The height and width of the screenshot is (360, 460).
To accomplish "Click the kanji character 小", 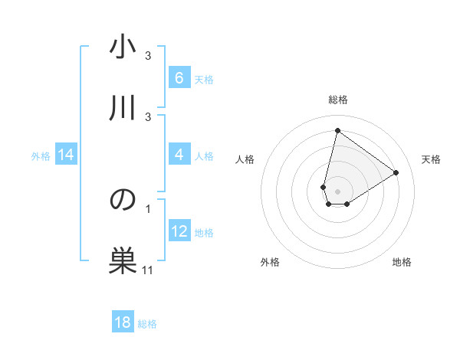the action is (x=123, y=49).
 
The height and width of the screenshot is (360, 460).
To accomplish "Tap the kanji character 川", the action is (x=123, y=107).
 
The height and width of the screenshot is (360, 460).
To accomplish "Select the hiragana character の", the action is (x=123, y=201).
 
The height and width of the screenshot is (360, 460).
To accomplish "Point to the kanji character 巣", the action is (x=123, y=260).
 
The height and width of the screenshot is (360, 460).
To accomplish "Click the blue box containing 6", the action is (x=179, y=78).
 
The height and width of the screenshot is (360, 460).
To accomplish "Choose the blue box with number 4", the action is (x=179, y=155).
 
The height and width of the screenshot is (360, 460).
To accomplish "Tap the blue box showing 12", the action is (x=179, y=231).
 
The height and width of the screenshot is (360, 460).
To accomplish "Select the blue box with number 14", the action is (x=66, y=155).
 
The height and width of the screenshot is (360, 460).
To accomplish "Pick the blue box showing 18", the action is (x=123, y=322).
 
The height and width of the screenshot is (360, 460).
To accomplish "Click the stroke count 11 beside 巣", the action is (x=148, y=270).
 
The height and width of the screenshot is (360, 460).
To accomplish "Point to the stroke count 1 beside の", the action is (x=148, y=208).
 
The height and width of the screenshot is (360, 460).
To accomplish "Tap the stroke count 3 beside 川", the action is (x=148, y=116).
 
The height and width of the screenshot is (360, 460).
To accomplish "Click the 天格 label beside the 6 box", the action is (x=203, y=79).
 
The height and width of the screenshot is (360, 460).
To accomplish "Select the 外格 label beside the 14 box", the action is (x=41, y=155).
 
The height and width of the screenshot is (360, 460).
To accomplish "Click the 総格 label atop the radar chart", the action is (x=338, y=100).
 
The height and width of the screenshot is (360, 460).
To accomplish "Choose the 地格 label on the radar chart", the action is (x=402, y=262).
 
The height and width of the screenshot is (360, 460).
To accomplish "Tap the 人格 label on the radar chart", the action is (x=245, y=159).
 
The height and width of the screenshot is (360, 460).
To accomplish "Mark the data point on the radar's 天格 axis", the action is (x=396, y=172).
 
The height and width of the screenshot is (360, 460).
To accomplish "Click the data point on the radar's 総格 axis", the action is (x=337, y=130).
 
